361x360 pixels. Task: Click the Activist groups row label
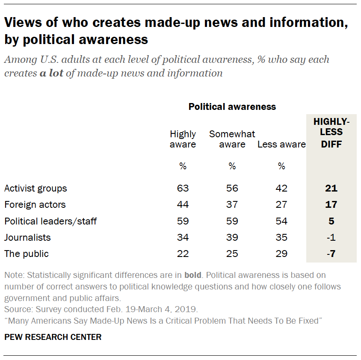36,188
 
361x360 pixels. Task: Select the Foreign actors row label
35,204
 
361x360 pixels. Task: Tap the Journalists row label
27,237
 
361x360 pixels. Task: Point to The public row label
27,254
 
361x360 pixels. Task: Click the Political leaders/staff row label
50,221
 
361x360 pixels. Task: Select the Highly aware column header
183,139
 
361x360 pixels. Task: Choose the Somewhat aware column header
232,139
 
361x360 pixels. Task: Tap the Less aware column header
281,145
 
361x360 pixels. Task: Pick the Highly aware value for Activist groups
183,188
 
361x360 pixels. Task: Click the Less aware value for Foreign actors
281,204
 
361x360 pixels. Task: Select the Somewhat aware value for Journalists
232,237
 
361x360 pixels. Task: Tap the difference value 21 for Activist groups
331,188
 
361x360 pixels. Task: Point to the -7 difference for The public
331,254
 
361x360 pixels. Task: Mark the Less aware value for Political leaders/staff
281,221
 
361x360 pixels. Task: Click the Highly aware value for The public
183,254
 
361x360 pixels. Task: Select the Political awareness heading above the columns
232,107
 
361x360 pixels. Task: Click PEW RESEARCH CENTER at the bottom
53,337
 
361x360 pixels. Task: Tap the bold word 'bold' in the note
192,275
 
